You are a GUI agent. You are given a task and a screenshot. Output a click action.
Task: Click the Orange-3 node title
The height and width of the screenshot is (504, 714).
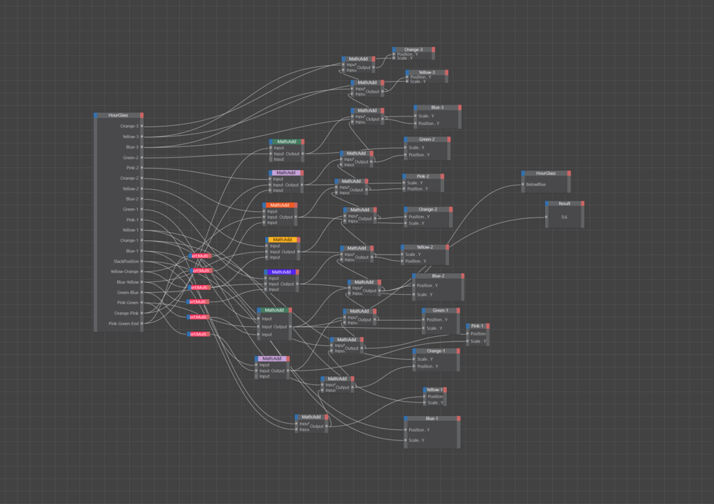click(x=413, y=50)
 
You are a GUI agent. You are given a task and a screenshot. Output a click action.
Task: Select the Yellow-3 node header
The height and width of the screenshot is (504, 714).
click(x=426, y=73)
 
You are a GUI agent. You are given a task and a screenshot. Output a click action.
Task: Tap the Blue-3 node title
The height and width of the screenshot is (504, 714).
click(x=437, y=108)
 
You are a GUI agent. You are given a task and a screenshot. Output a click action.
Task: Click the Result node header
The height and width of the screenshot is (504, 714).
click(x=564, y=204)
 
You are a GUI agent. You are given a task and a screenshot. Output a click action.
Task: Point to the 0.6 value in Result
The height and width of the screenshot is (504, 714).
click(x=564, y=218)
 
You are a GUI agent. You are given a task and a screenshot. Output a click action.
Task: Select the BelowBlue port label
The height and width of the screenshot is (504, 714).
click(x=536, y=185)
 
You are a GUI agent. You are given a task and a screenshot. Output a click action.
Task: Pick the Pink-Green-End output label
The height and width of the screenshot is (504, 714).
click(x=124, y=323)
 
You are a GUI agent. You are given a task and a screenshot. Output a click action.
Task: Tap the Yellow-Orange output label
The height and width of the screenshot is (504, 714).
click(x=124, y=272)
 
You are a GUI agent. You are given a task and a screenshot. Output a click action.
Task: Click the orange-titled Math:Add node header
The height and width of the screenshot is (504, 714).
click(x=280, y=205)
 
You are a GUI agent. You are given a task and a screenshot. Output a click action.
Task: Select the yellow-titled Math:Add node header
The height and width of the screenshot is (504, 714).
click(x=283, y=240)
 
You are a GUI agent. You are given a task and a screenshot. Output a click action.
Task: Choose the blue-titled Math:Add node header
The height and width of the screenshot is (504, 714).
click(x=281, y=272)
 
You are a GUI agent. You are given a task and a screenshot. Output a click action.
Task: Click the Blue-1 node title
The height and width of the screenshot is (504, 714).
click(x=431, y=419)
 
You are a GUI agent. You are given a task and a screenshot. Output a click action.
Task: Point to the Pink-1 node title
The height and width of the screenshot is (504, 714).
click(x=477, y=326)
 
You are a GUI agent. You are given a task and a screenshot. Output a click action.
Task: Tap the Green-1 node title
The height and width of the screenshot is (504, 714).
click(x=440, y=311)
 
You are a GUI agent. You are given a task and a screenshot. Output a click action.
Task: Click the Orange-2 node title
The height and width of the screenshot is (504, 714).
click(x=428, y=210)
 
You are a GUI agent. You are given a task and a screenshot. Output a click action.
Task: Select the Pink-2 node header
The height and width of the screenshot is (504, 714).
click(x=423, y=176)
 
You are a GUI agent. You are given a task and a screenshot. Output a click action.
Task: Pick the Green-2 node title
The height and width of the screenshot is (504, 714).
click(x=427, y=139)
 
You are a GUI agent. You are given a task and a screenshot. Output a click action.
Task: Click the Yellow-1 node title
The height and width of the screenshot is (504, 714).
click(x=434, y=390)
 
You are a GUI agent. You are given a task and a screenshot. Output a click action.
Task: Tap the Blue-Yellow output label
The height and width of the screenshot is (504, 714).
click(x=128, y=282)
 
